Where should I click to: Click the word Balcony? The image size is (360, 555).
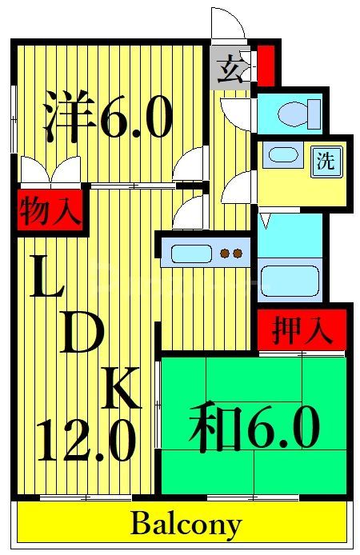(x=186, y=525)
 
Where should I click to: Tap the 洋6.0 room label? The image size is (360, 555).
(x=107, y=118)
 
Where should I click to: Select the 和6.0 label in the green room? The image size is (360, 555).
(x=254, y=429)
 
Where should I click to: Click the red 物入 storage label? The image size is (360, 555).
(x=50, y=213)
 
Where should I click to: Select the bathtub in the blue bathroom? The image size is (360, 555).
(x=289, y=281)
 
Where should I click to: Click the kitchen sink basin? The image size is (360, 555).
(x=190, y=254)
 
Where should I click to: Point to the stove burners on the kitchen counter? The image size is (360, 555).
(x=231, y=254)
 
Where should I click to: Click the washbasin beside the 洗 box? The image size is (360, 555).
(x=281, y=154)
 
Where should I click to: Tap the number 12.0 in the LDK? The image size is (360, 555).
(x=85, y=442)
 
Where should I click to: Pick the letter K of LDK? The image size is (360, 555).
(x=125, y=390)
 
